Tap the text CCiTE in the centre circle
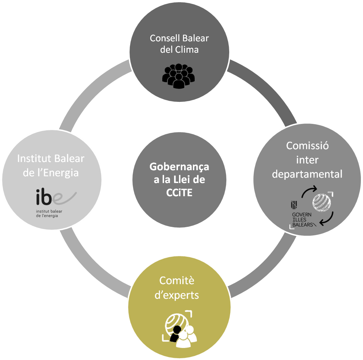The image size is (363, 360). click(179, 193)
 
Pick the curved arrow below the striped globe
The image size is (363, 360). click(327, 218)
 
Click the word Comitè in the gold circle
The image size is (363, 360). click(177, 281)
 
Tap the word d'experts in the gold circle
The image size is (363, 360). click(179, 295)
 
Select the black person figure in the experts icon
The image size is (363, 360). click(175, 335)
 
